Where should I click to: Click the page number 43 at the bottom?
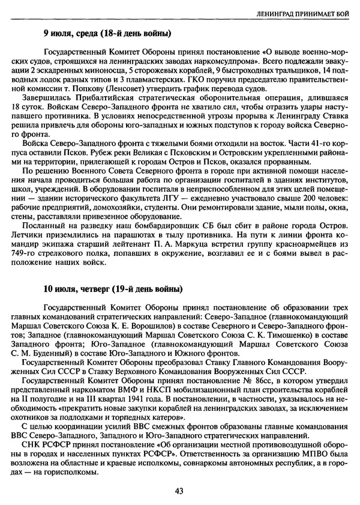179,490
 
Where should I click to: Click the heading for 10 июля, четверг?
112,289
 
